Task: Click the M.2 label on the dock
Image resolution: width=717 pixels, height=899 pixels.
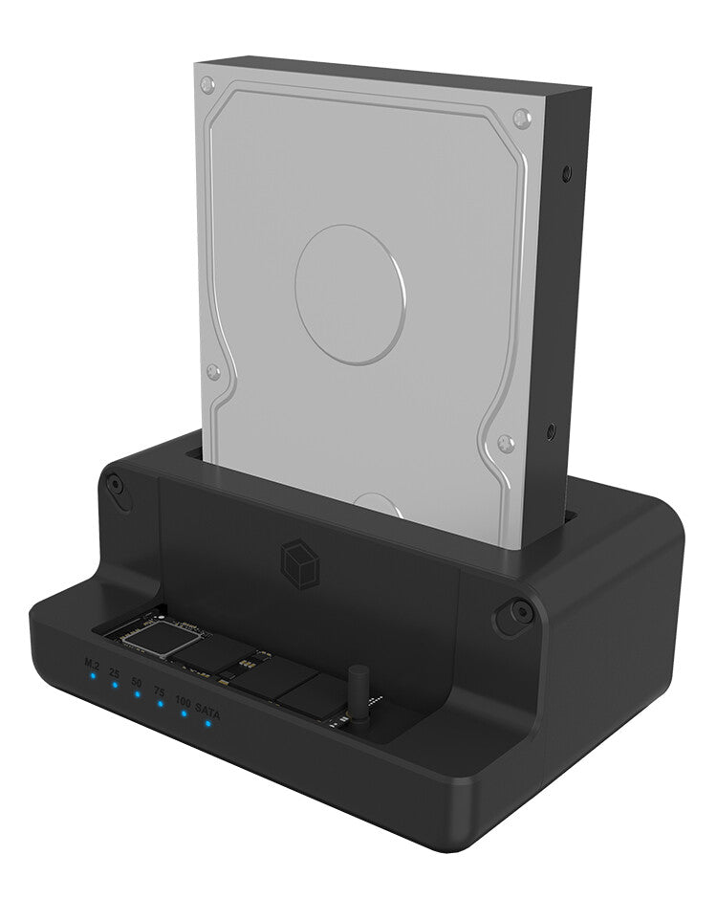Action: point(92,662)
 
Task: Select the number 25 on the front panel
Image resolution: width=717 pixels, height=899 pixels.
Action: point(114,673)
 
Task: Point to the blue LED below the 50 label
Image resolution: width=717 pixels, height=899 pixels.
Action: point(138,694)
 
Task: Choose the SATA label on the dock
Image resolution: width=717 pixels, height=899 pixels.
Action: point(207,710)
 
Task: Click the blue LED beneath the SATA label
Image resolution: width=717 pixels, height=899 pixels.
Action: point(207,722)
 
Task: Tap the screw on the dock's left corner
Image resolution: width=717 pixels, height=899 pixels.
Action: point(115,486)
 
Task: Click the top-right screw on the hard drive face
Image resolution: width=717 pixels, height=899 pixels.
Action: point(521,119)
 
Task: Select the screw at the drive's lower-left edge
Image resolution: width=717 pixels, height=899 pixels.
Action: point(213,372)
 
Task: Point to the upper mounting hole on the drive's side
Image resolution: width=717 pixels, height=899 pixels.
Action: point(568,173)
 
